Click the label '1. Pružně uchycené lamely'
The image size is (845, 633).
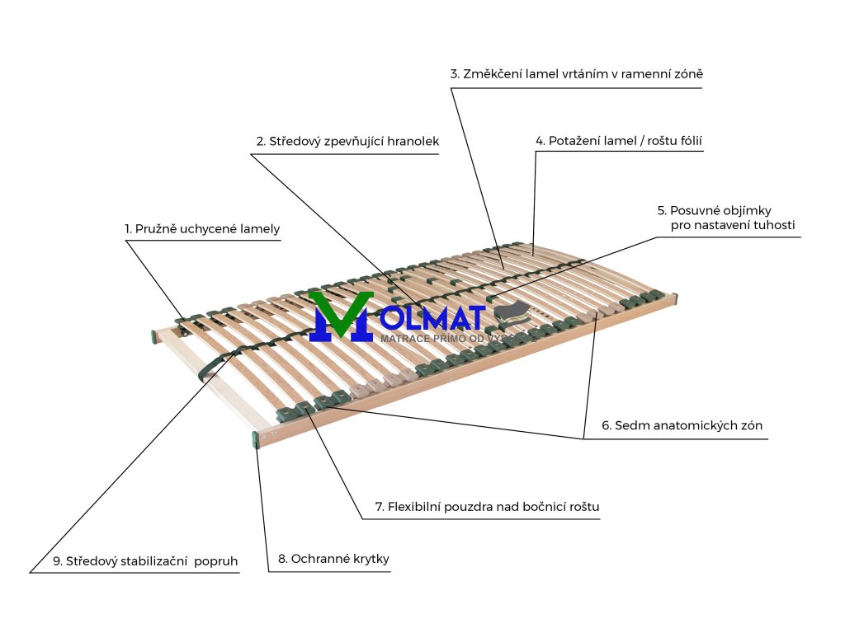(202, 228)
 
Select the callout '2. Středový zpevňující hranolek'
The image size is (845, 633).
(347, 142)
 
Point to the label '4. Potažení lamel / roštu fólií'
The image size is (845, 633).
(619, 141)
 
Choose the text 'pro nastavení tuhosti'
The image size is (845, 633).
(733, 225)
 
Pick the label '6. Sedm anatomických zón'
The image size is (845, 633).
(682, 426)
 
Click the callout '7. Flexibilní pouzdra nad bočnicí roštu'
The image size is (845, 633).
(487, 507)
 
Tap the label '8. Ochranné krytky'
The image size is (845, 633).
(333, 559)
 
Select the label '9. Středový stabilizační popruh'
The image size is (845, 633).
(145, 561)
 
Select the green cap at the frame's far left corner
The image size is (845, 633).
(154, 336)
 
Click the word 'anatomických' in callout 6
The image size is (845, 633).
(691, 426)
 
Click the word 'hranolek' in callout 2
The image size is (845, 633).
(413, 142)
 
